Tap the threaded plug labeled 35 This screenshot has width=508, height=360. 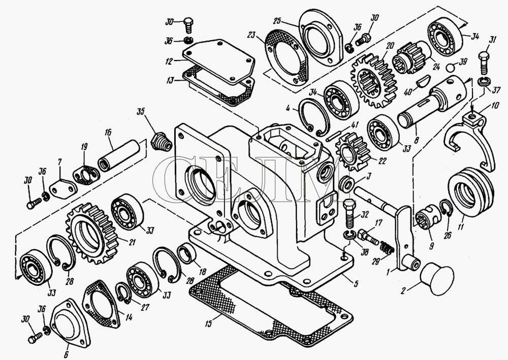point(161,140)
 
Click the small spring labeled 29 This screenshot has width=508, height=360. point(388,249)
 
